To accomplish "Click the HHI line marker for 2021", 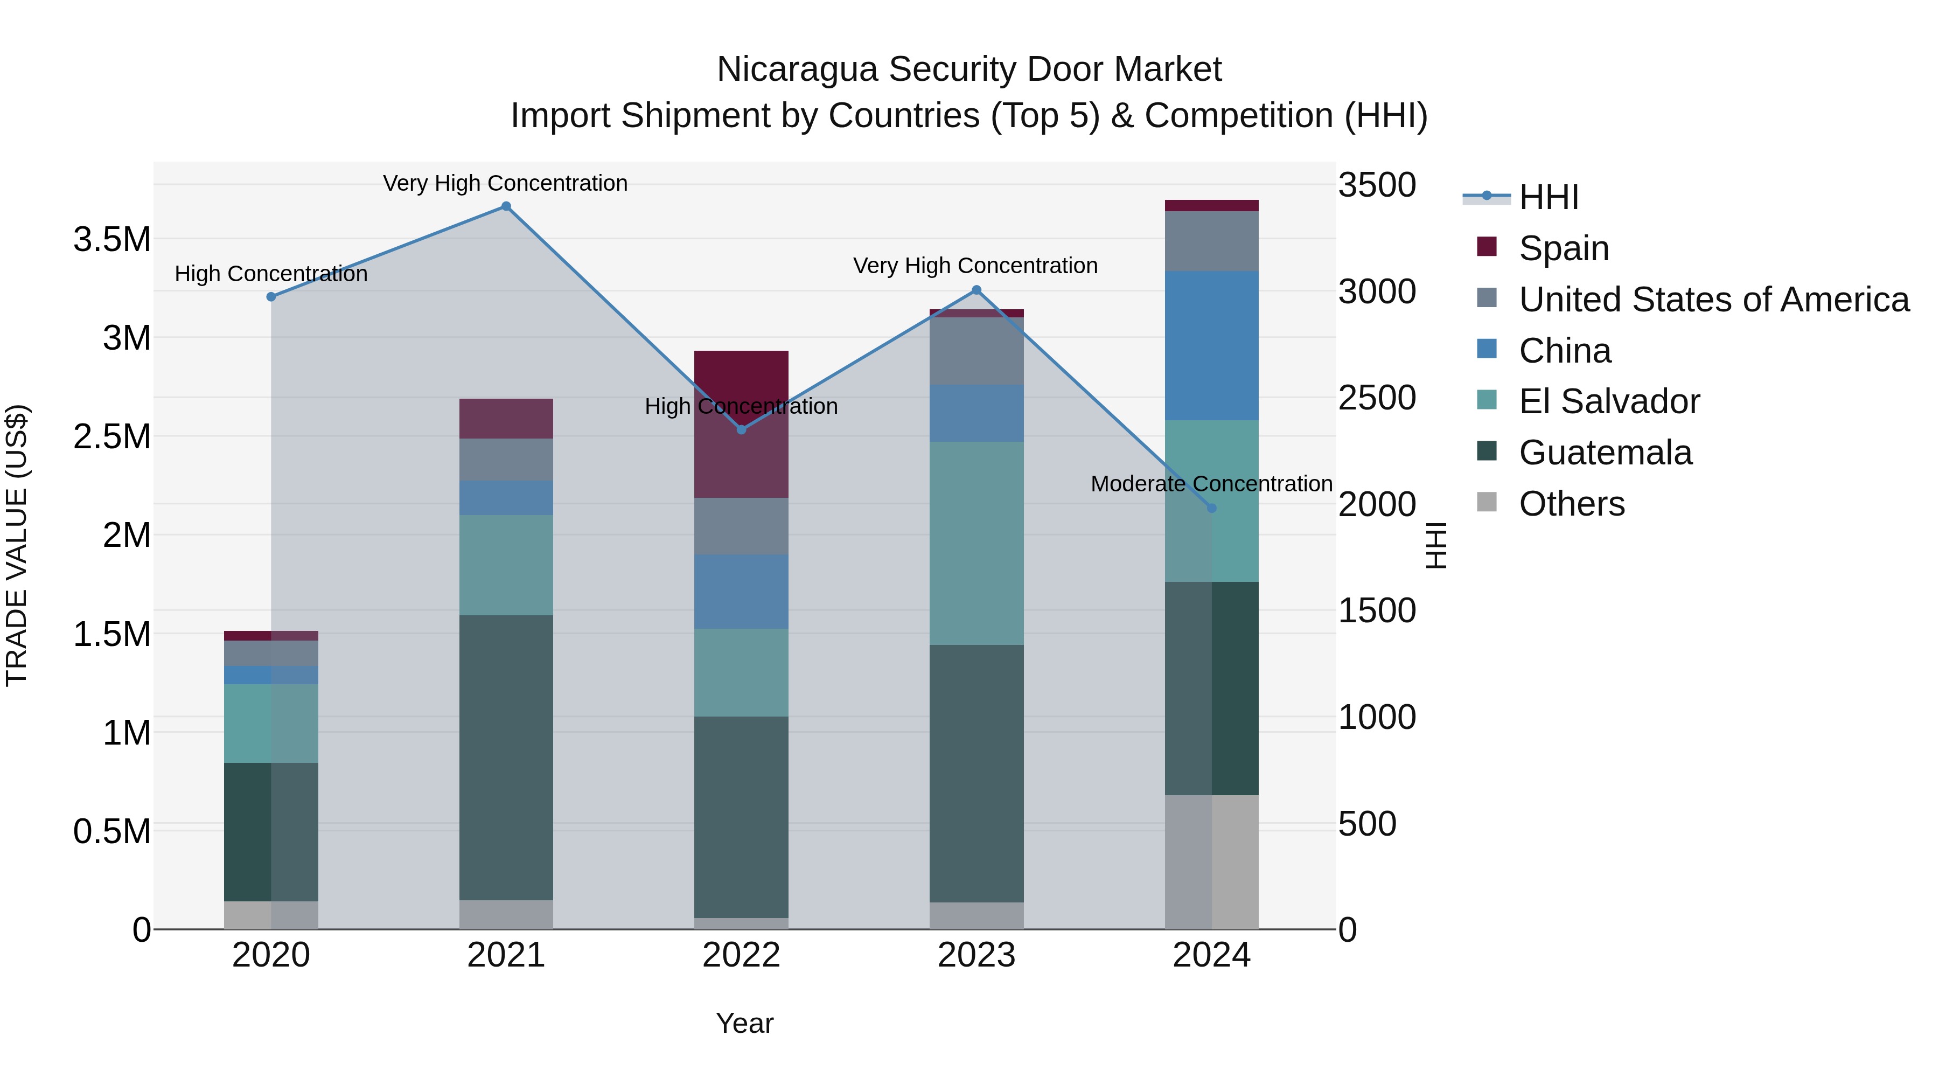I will pos(506,206).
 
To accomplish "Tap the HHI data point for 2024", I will pos(1211,508).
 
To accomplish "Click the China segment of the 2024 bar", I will pos(1211,345).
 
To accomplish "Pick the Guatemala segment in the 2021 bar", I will pos(506,757).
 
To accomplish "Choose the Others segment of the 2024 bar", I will pos(1211,861).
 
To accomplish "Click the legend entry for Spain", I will pos(1564,248).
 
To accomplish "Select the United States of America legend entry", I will pos(1713,300).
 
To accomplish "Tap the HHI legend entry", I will pos(1549,197).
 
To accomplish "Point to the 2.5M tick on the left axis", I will pos(112,437).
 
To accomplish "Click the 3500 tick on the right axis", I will pos(1377,185).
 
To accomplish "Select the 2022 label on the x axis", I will pos(741,955).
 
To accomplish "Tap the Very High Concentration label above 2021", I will pos(505,183).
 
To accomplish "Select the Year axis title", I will pos(744,1023).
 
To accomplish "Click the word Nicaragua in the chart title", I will pos(797,70).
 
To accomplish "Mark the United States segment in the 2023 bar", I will pos(977,351).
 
